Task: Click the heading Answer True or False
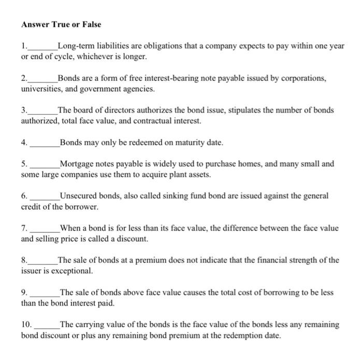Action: [61, 24]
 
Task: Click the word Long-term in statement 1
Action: [76, 46]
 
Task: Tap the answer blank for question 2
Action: [43, 79]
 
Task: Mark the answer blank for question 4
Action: [45, 143]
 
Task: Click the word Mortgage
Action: [77, 164]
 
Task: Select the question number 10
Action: [26, 325]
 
